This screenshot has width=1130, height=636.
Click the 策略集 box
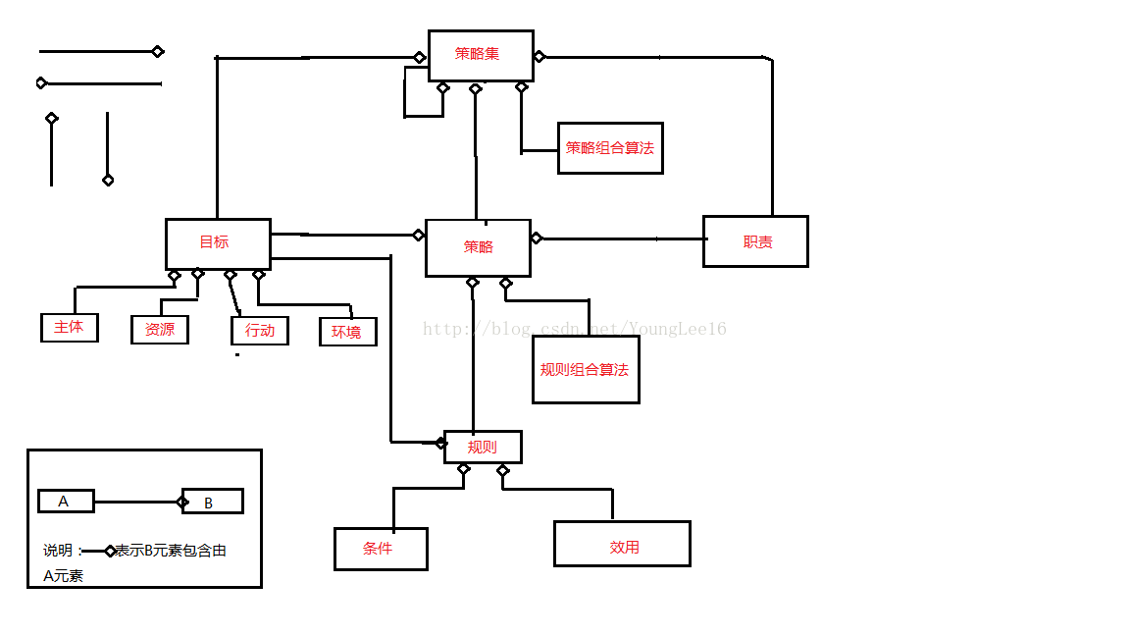point(481,55)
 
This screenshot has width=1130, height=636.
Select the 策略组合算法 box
point(610,148)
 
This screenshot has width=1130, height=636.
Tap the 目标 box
point(218,243)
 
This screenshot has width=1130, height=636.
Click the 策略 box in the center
point(478,247)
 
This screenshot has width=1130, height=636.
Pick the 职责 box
point(755,241)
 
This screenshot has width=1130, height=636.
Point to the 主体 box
point(69,327)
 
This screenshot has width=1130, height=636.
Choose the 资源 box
point(160,330)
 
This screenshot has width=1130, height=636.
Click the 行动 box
point(260,331)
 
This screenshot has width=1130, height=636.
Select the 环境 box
point(347,332)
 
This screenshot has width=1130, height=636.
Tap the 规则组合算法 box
point(586,369)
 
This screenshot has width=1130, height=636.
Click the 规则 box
point(483,447)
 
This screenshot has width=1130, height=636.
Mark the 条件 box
point(381,549)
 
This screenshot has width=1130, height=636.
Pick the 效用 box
point(622,544)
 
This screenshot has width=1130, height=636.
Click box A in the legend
point(66,502)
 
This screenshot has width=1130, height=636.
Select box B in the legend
point(212,502)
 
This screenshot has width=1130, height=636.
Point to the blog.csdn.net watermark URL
point(575,329)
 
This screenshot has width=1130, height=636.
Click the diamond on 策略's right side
point(537,238)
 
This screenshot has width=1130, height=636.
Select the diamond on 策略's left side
point(418,235)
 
